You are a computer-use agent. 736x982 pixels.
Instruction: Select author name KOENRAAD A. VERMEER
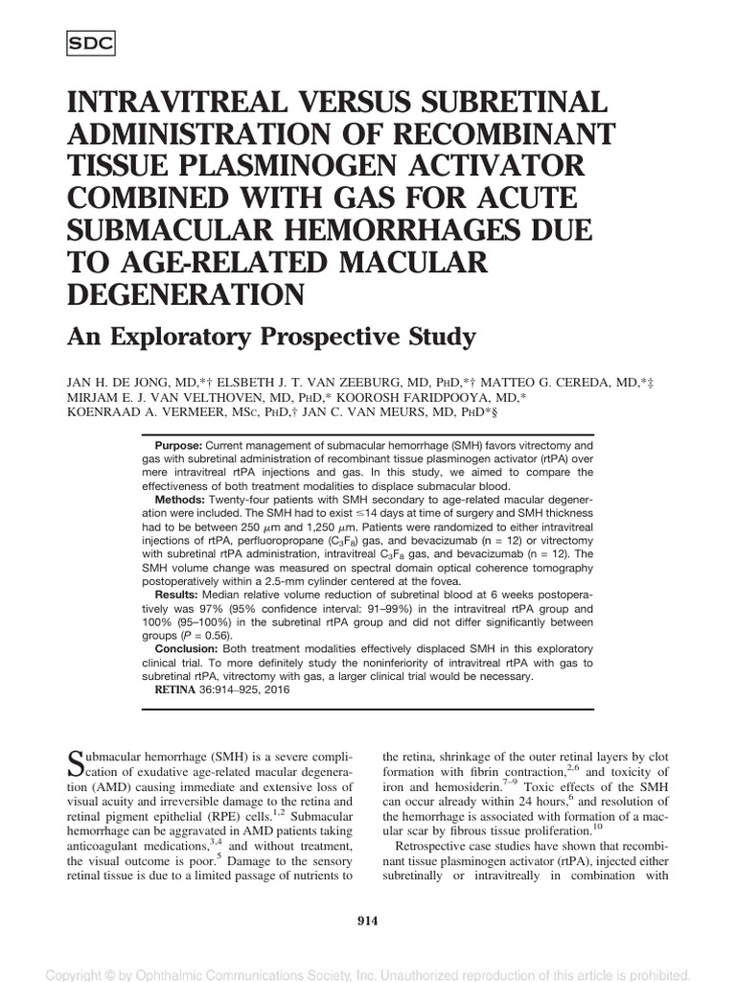(139, 411)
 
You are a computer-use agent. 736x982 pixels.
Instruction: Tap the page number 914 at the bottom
(367, 922)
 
